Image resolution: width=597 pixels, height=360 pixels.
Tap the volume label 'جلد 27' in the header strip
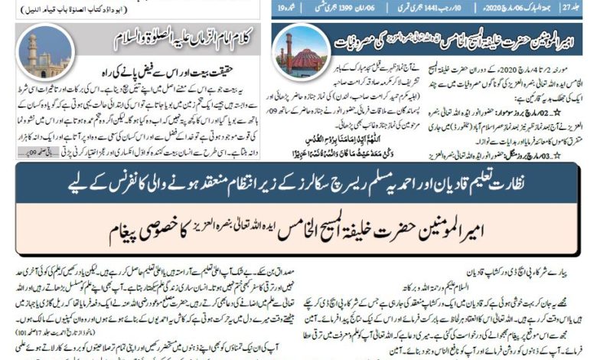coord(584,11)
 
